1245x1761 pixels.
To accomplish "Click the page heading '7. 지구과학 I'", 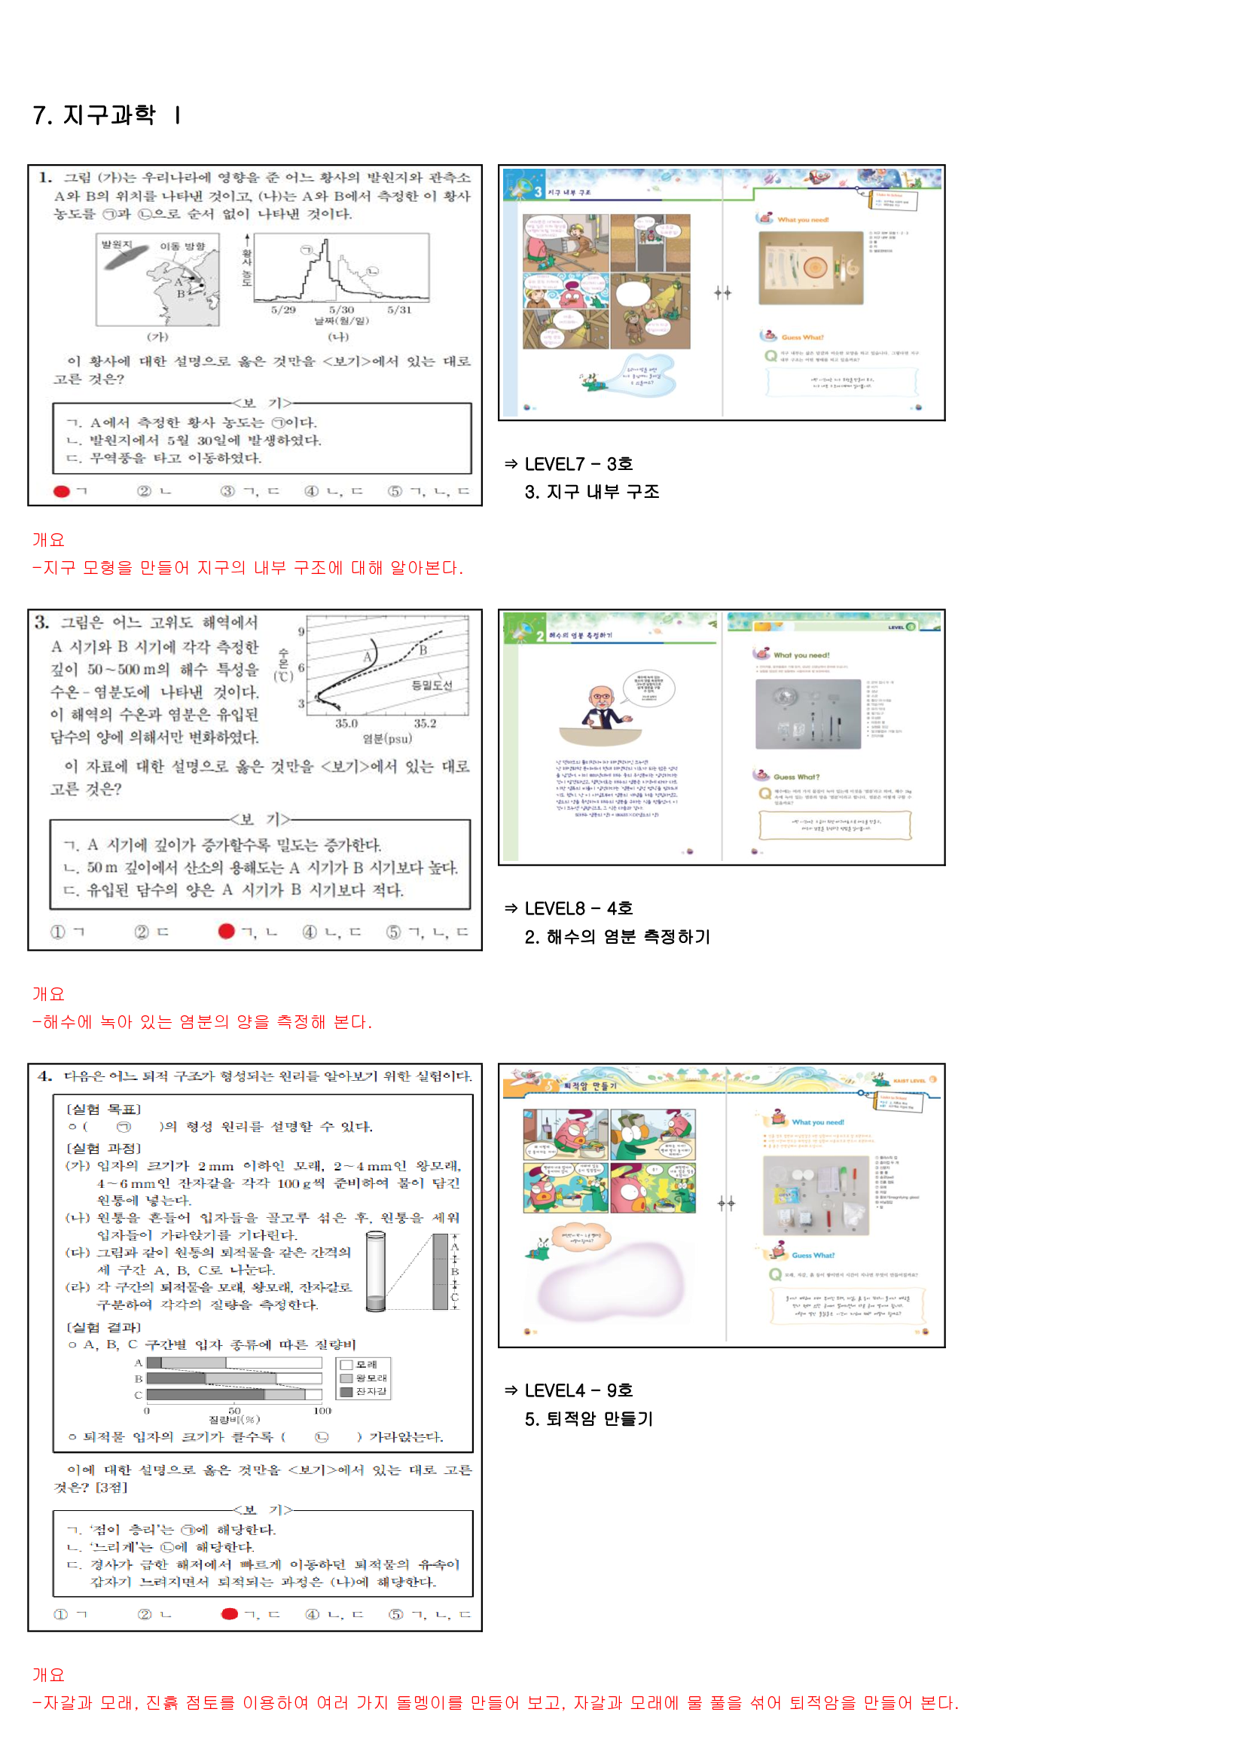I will click(107, 115).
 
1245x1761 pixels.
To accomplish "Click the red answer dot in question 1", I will click(61, 491).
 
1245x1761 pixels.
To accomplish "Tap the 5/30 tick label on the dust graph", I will click(341, 310).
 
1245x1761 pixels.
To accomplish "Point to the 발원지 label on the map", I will click(117, 245).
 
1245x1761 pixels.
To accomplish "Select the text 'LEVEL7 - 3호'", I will click(578, 464).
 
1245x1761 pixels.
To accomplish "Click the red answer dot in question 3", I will click(225, 931).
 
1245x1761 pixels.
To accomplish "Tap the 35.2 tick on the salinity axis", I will click(424, 723).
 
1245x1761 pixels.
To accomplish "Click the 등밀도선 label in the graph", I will click(432, 685).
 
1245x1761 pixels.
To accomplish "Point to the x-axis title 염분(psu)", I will click(386, 739).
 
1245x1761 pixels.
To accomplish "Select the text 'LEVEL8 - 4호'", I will click(578, 908).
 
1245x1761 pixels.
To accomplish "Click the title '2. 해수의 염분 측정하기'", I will click(617, 936).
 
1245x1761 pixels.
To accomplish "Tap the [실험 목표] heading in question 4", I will click(103, 1109).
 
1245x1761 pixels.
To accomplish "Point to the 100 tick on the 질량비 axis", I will click(322, 1411).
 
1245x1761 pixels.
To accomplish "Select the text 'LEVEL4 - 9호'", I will click(578, 1390).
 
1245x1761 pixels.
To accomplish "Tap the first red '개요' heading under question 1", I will click(48, 540).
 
